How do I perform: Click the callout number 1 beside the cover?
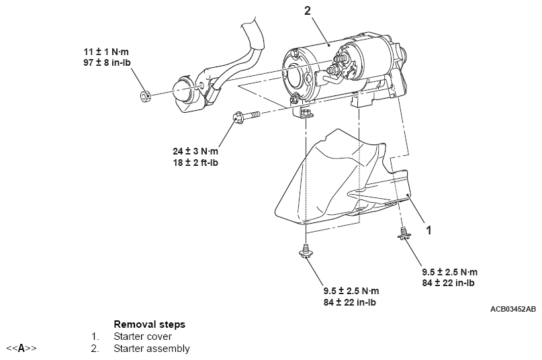click(x=429, y=230)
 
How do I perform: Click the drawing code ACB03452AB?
click(x=513, y=309)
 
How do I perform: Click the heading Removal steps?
click(x=149, y=324)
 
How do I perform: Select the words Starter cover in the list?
click(x=142, y=336)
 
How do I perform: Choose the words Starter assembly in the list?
click(x=151, y=349)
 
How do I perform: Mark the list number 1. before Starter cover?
click(x=95, y=336)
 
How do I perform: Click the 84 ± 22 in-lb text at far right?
click(x=449, y=283)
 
